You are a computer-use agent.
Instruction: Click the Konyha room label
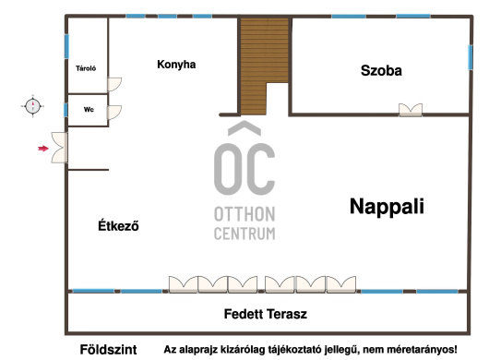tap(176, 65)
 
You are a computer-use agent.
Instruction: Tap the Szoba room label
tap(381, 70)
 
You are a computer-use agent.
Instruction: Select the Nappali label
tap(387, 207)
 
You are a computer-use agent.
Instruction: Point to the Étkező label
tap(118, 225)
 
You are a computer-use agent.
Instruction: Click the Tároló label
tap(86, 68)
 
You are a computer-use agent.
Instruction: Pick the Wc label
tap(89, 110)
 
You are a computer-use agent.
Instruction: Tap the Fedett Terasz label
tap(266, 314)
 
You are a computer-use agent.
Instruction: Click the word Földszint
tap(108, 350)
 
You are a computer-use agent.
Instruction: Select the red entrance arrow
tap(43, 149)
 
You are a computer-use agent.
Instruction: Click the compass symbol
tap(32, 106)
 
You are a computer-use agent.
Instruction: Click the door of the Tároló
tap(114, 84)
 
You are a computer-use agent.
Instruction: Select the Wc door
tap(114, 113)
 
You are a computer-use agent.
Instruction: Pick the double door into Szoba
tap(411, 110)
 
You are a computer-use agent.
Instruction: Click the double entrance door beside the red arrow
tap(59, 148)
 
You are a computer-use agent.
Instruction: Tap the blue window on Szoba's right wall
tap(471, 58)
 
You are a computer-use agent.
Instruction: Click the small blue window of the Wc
tap(66, 110)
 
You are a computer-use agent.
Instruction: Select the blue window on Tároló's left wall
tap(66, 46)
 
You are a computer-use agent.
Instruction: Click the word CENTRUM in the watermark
tap(244, 234)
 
